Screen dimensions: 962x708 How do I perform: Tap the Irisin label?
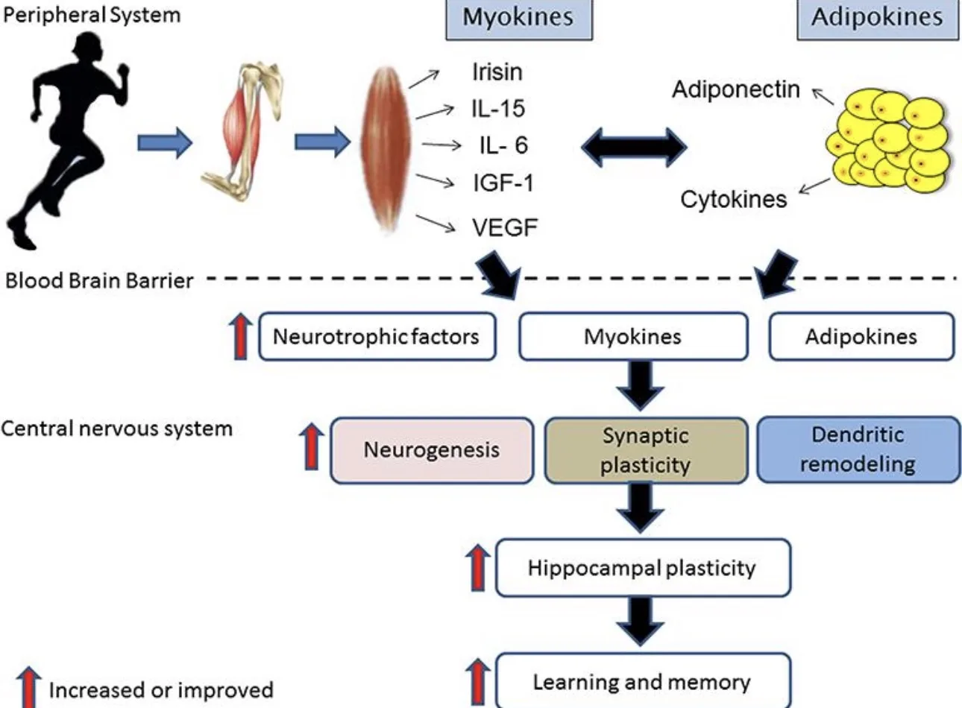point(497,72)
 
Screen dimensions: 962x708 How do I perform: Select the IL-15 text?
point(498,109)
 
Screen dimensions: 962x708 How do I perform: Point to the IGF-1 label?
point(503,183)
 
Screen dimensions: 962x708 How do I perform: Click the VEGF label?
point(505,227)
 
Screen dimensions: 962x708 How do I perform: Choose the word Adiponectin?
point(736,89)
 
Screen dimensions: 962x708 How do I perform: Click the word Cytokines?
point(734,200)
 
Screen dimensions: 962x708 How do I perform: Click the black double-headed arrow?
point(634,147)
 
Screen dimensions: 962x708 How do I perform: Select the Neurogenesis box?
point(432,451)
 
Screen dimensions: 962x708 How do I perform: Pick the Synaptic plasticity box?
point(646,451)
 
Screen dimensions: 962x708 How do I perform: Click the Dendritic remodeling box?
point(858,449)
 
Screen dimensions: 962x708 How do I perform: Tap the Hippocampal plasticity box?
point(643,568)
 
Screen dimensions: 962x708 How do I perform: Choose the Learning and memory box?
point(643,680)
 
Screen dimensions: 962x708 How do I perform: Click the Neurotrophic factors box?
point(377,336)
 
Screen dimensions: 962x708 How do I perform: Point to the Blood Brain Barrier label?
point(98,281)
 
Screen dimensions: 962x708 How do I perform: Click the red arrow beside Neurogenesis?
point(312,446)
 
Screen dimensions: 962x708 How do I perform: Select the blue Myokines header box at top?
point(519,19)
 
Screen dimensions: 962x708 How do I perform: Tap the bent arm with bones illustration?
point(242,131)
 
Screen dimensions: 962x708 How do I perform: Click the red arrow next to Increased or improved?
point(29,687)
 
